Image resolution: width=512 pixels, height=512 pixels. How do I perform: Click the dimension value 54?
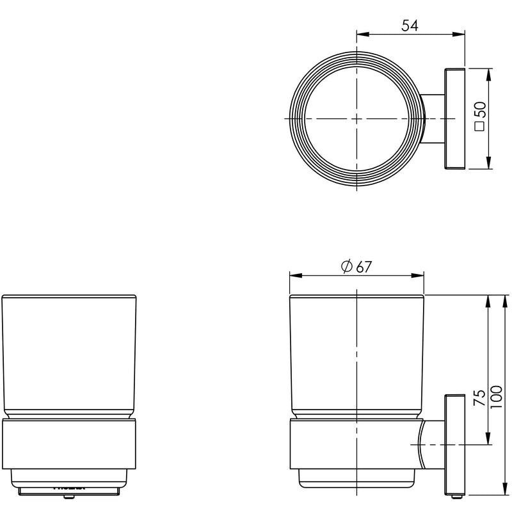coord(410,26)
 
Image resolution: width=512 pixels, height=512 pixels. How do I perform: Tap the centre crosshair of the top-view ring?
coord(356,119)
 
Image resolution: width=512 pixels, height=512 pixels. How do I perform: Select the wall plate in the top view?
coord(452,119)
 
